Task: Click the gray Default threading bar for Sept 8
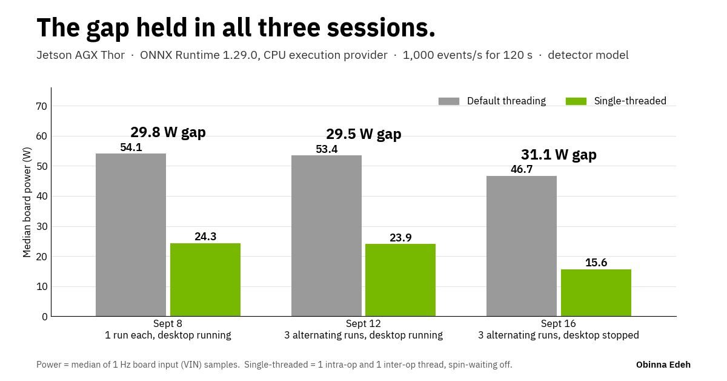point(131,235)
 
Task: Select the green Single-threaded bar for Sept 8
point(205,280)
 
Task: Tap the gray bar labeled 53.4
point(327,235)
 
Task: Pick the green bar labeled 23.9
point(400,280)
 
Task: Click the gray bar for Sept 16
point(522,246)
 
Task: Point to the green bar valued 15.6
point(596,292)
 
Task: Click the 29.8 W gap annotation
point(168,133)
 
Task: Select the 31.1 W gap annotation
point(559,155)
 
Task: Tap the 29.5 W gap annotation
point(364,134)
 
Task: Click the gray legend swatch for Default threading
point(449,101)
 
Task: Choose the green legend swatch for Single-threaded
point(576,101)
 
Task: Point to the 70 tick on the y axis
point(42,106)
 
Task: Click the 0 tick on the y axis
point(44,317)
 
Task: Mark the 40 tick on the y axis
point(42,197)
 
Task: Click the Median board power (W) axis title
point(27,202)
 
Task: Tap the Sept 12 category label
point(363,324)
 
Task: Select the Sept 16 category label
point(558,324)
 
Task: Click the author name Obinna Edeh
point(663,365)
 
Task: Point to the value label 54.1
point(131,147)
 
